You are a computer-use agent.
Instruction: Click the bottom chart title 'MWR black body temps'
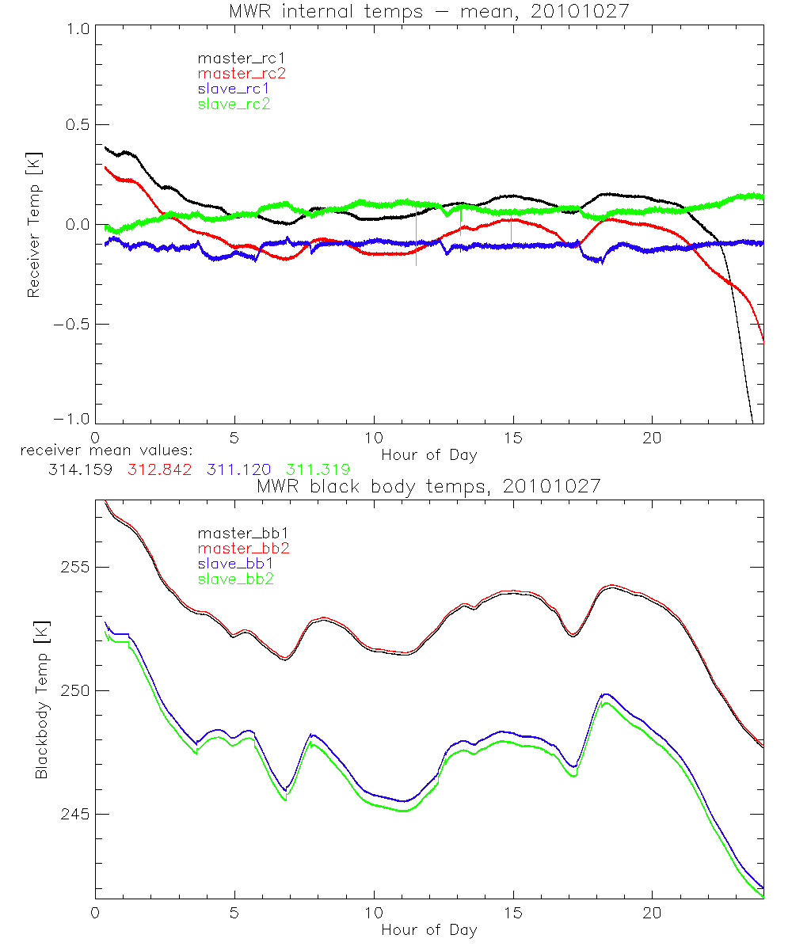(x=428, y=485)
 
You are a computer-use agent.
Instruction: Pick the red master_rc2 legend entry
(x=241, y=73)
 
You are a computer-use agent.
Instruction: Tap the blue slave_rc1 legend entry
(x=234, y=88)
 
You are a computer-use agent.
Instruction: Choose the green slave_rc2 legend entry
(x=234, y=104)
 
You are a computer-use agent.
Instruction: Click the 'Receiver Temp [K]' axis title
(x=33, y=224)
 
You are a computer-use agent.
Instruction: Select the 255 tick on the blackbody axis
(x=76, y=568)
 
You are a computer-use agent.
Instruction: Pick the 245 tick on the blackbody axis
(x=76, y=815)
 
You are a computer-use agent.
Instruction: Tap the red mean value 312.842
(x=159, y=469)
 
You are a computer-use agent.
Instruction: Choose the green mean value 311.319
(x=318, y=469)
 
